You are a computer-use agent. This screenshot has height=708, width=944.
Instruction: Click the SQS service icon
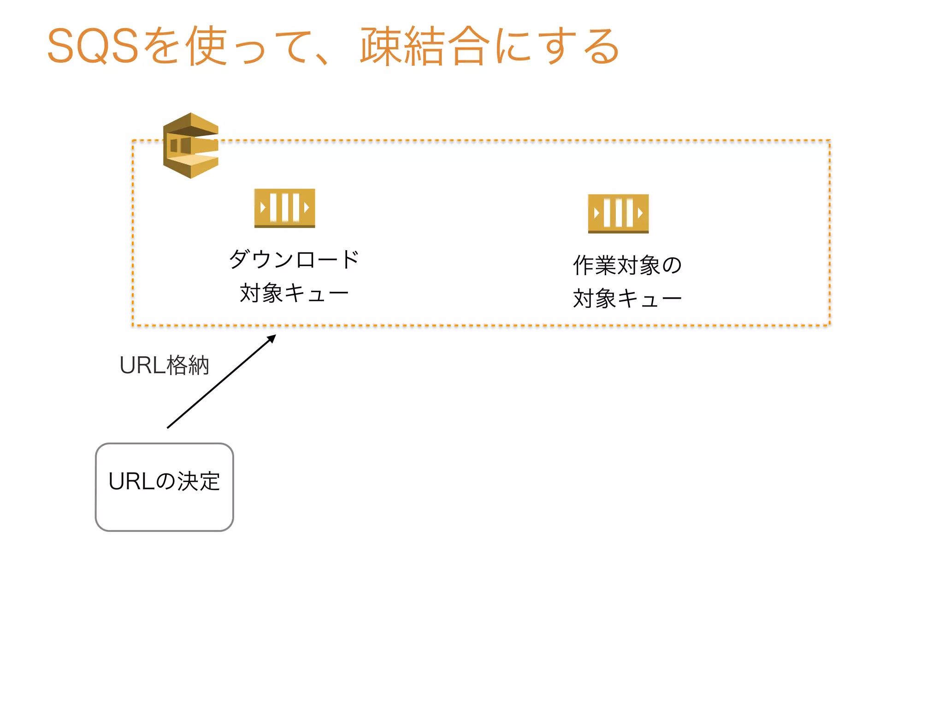191,146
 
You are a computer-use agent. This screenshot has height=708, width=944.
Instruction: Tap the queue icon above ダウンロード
284,208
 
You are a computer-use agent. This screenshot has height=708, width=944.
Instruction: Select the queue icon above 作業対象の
618,213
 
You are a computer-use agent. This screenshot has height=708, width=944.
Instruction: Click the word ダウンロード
294,259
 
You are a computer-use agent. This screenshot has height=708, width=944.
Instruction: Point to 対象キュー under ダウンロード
294,293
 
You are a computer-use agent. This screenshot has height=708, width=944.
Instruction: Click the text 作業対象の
627,265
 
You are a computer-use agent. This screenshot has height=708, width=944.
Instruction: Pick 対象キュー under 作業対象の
627,299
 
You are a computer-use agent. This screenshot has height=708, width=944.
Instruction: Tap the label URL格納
164,366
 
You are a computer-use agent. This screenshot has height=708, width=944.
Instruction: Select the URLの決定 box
165,487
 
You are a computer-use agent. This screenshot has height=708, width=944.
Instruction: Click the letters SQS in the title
93,46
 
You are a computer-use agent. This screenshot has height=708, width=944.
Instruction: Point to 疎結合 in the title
424,46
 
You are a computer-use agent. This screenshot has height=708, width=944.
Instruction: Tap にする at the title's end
558,46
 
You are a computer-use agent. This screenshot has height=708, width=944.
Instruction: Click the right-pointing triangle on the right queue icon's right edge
640,213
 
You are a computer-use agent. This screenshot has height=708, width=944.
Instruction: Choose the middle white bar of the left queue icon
285,207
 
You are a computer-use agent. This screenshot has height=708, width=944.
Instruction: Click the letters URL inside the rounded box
131,482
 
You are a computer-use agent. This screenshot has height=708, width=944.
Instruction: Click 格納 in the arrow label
188,366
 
